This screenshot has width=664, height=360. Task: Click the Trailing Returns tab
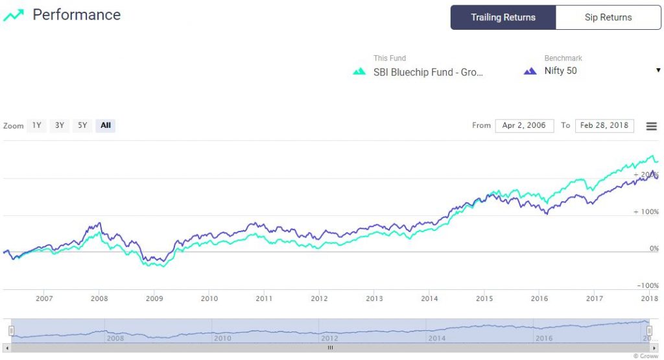(x=503, y=18)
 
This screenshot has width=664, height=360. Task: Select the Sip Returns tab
(x=608, y=18)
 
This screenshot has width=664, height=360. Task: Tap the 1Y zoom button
(x=37, y=125)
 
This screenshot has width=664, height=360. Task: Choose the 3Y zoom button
(x=60, y=125)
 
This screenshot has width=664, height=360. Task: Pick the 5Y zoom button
(x=82, y=125)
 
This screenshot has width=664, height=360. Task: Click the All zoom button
(x=106, y=125)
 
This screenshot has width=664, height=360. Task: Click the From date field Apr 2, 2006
(x=524, y=125)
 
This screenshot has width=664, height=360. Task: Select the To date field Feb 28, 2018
(x=604, y=125)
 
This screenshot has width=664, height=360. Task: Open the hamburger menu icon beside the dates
(x=652, y=126)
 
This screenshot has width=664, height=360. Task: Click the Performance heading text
(x=77, y=15)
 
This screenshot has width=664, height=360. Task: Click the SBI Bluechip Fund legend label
(x=428, y=71)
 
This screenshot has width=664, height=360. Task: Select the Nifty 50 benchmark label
(x=560, y=71)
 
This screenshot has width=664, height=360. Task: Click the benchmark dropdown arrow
(x=658, y=70)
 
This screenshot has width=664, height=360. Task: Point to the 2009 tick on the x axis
(x=154, y=298)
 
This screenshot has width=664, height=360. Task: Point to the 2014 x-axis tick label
(x=429, y=298)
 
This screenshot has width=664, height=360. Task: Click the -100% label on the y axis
(x=647, y=285)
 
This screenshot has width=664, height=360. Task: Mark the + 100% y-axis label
(x=646, y=211)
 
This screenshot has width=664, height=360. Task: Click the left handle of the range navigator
(x=11, y=331)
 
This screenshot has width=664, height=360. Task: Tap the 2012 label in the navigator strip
(x=329, y=338)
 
